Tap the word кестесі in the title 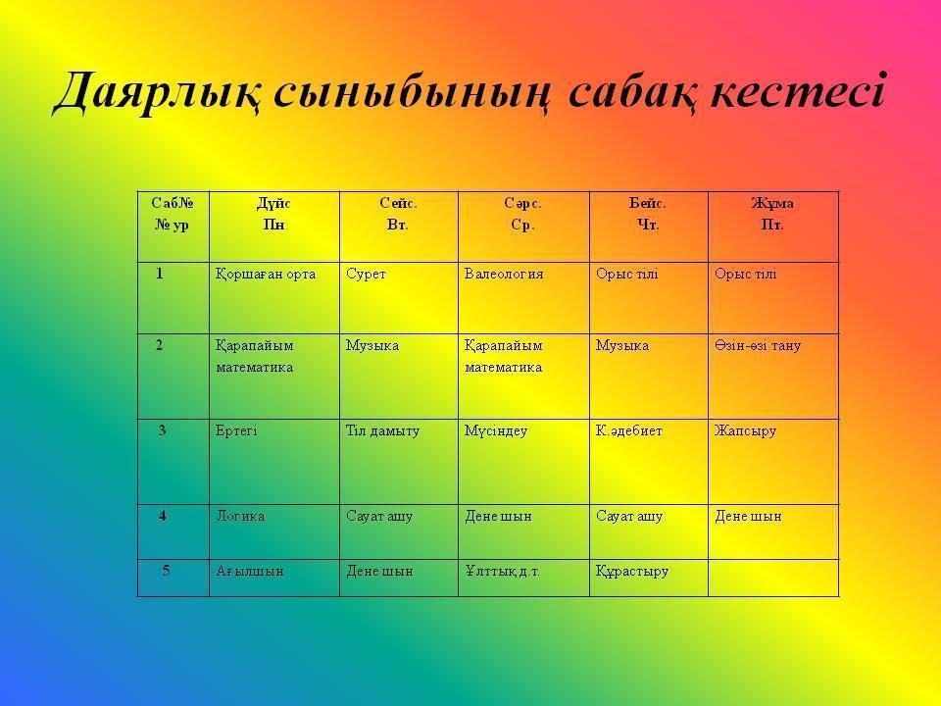798,91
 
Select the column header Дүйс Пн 273,214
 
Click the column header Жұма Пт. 772,214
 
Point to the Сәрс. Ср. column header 522,214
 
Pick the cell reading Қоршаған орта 266,275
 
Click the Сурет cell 366,275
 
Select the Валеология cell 504,275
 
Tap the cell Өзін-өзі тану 758,346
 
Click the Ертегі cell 236,431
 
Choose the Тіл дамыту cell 383,431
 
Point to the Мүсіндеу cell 496,431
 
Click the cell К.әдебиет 629,431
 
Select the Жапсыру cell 745,431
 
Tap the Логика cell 240,517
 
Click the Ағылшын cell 250,571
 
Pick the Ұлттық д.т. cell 502,571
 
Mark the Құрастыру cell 632,571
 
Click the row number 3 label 162,430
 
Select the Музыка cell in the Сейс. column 372,346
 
